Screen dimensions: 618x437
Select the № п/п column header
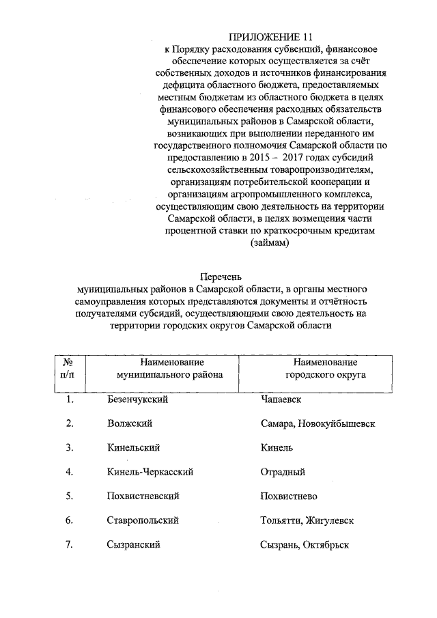[68, 369]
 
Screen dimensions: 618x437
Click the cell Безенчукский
[137, 399]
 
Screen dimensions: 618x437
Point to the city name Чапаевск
[281, 399]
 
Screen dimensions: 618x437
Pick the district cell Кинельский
[133, 447]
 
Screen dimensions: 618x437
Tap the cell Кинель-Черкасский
[150, 472]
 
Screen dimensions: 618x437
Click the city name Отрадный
[283, 472]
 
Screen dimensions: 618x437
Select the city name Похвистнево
[288, 496]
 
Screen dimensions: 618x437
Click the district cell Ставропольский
[143, 520]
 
